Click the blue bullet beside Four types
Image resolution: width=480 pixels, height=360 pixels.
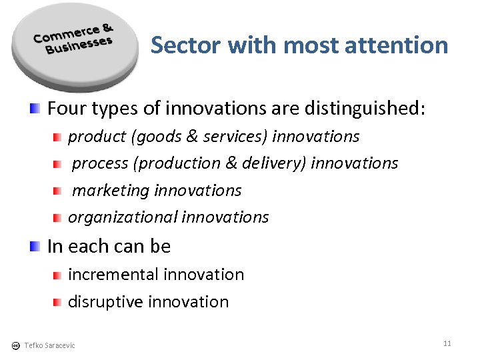point(35,107)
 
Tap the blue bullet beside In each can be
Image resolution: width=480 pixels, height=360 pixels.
point(35,246)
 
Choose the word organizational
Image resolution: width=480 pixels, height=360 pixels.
point(122,217)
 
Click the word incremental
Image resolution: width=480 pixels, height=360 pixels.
point(113,275)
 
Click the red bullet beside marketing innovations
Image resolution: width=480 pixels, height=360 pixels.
point(58,191)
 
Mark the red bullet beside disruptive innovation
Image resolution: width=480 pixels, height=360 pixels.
point(58,302)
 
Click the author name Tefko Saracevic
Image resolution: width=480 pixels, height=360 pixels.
point(49,345)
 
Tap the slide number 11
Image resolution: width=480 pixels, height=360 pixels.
point(447,343)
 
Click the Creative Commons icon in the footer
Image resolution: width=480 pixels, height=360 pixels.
point(15,345)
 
